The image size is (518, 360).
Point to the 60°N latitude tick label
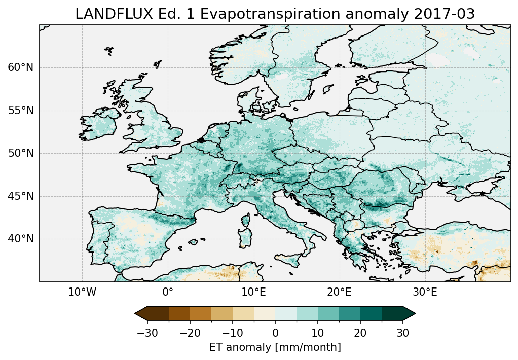click(21, 67)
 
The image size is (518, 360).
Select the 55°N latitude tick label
click(21, 111)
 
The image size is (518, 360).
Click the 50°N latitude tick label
click(21, 153)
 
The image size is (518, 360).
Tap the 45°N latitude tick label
click(21, 196)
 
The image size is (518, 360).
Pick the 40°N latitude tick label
click(21, 239)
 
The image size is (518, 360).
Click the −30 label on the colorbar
click(147, 333)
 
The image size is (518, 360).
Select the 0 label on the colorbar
click(275, 333)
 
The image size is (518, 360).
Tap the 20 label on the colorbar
click(360, 333)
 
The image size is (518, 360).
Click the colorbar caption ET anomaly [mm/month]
click(275, 347)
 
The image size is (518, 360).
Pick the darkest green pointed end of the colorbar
click(409, 314)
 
